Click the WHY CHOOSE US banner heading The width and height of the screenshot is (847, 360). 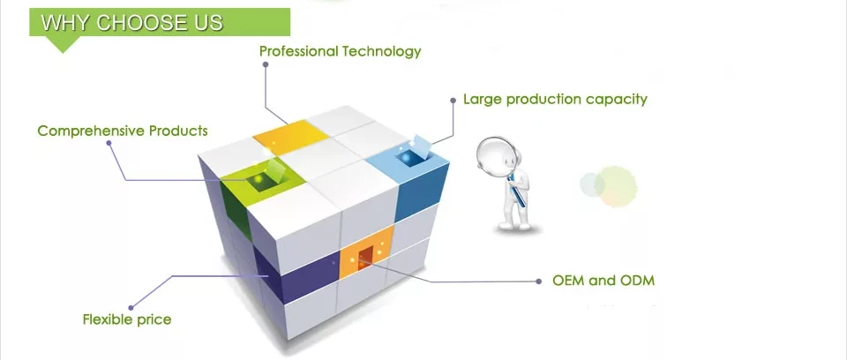[x=132, y=22]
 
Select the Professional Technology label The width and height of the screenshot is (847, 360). [x=340, y=51]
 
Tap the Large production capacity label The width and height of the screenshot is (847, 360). [x=555, y=99]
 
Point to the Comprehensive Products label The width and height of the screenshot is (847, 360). [x=123, y=131]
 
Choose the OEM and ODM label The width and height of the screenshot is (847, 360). [x=603, y=281]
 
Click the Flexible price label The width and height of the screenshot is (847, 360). [x=127, y=319]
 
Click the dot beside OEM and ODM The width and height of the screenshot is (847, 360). [x=540, y=281]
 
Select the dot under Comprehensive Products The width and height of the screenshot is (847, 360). [x=109, y=145]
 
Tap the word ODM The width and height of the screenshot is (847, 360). [x=636, y=281]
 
